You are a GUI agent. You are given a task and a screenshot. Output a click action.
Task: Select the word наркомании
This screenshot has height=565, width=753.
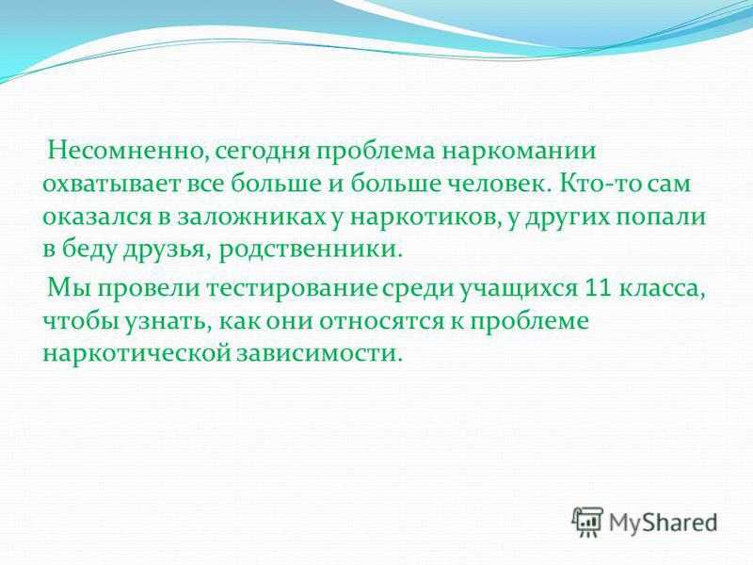coord(520,152)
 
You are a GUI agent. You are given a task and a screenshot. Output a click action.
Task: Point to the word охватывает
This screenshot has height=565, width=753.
coord(108,184)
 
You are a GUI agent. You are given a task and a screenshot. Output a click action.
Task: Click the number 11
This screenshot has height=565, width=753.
coord(599,288)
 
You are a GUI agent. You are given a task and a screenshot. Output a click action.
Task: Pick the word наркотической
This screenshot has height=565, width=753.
coord(136,354)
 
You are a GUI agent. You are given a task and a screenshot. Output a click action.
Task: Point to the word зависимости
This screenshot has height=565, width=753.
coord(318,354)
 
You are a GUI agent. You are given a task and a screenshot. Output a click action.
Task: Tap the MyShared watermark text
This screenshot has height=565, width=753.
coord(664,523)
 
